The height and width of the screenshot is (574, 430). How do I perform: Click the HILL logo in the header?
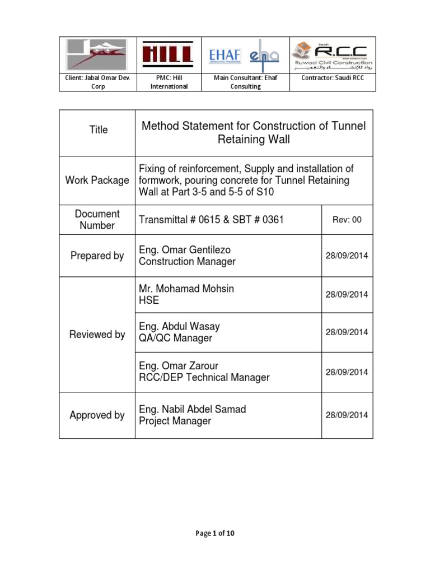[x=168, y=55]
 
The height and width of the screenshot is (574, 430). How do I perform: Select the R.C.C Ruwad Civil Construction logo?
[x=333, y=55]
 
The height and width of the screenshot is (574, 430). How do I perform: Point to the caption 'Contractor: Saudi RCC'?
[x=333, y=78]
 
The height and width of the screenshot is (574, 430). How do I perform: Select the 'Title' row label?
[x=99, y=129]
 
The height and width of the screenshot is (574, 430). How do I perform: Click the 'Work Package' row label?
[x=97, y=180]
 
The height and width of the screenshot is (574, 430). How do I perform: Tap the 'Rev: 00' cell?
[x=347, y=220]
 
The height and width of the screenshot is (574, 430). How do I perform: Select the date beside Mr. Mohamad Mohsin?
[x=347, y=294]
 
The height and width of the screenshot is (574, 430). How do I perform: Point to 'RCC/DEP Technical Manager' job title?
[x=204, y=378]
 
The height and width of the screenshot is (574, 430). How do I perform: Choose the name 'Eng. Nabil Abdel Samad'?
[x=192, y=409]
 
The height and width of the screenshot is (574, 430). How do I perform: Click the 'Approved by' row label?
[x=97, y=415]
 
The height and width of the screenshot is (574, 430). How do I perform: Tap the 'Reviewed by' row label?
[x=97, y=335]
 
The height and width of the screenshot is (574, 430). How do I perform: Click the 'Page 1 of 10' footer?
[x=216, y=534]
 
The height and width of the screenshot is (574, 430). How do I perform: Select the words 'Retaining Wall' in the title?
[x=254, y=140]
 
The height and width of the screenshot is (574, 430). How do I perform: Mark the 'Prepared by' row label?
[x=97, y=256]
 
